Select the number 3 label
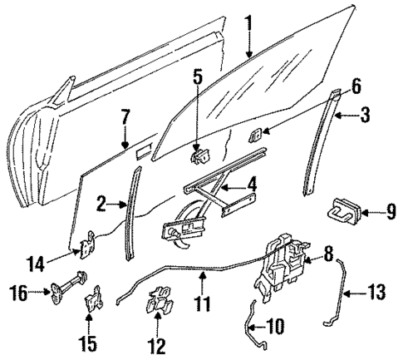[365, 116]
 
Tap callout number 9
[390, 213]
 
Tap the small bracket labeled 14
[86, 247]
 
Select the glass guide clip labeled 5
[200, 154]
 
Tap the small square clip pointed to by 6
[258, 133]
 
